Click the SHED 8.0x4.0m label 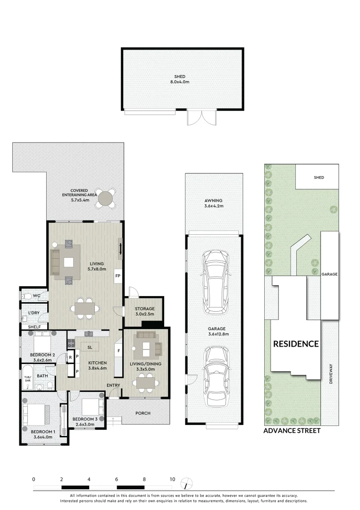click(179, 79)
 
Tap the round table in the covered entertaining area click(106, 198)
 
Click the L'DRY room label click(33, 313)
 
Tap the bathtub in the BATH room click(27, 376)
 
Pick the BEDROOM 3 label click(85, 421)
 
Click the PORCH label click(142, 413)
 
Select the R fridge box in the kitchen click(70, 357)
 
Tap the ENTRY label click(113, 385)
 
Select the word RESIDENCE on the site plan click(296, 344)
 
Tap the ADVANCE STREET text click(292, 431)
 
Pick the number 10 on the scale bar click(172, 479)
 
